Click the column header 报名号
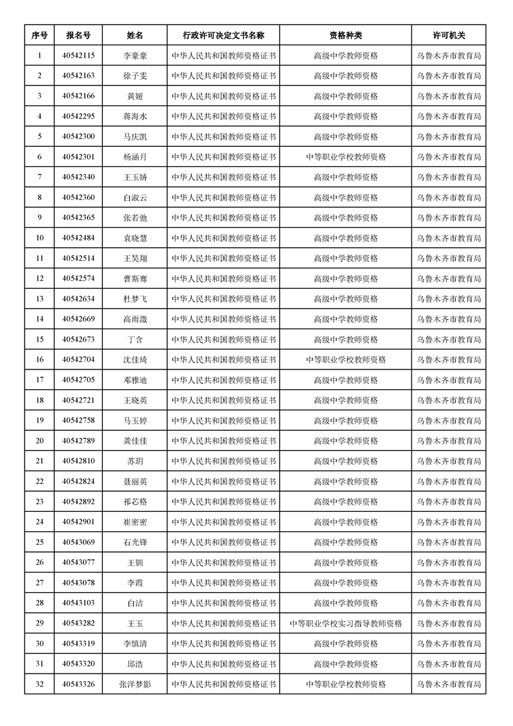[x=78, y=35]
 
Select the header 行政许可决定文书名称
[x=223, y=35]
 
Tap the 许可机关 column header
[x=449, y=35]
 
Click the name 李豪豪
[x=135, y=56]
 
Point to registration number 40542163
[x=78, y=76]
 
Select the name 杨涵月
[x=135, y=157]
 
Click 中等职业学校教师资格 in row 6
[x=345, y=157]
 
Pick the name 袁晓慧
[x=135, y=238]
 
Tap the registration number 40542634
[x=78, y=299]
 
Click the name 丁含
[x=135, y=340]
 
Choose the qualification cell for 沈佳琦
[x=345, y=360]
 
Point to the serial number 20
[x=39, y=441]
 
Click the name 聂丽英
[x=135, y=481]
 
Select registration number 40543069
[x=78, y=542]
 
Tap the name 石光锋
[x=135, y=542]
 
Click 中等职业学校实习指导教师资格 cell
[x=345, y=624]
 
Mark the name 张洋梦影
[x=135, y=684]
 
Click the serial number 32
[x=39, y=684]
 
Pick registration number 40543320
[x=78, y=664]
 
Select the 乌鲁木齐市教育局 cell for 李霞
[x=449, y=583]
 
